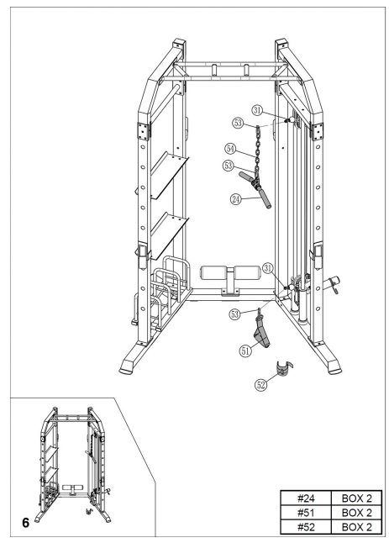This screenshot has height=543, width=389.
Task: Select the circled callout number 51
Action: [x=246, y=352]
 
